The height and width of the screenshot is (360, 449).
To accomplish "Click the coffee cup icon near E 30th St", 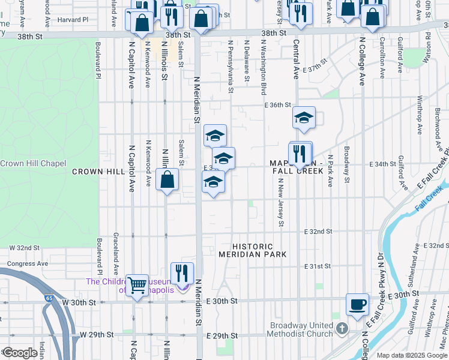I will pos(358,304).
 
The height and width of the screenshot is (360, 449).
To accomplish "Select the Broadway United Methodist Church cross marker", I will pos(342,329).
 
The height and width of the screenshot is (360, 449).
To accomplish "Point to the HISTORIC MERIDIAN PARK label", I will pos(261,251).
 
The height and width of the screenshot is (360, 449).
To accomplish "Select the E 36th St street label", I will pos(277,104).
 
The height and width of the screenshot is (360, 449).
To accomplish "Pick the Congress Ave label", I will pos(28,263).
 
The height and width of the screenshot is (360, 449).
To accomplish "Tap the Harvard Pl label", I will pos(73,20).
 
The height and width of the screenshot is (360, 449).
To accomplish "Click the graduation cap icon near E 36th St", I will pos(304,118).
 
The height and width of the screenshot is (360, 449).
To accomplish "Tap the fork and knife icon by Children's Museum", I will pos(182,274).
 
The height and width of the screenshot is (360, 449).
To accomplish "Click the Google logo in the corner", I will pos(20,353).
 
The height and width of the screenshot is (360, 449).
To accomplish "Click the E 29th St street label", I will pos(223,336).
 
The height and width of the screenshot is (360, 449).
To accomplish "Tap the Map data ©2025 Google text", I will pos(412,355).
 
